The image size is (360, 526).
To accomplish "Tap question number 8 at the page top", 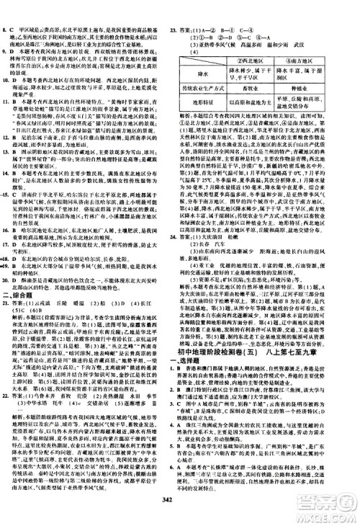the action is click(x=7, y=11).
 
